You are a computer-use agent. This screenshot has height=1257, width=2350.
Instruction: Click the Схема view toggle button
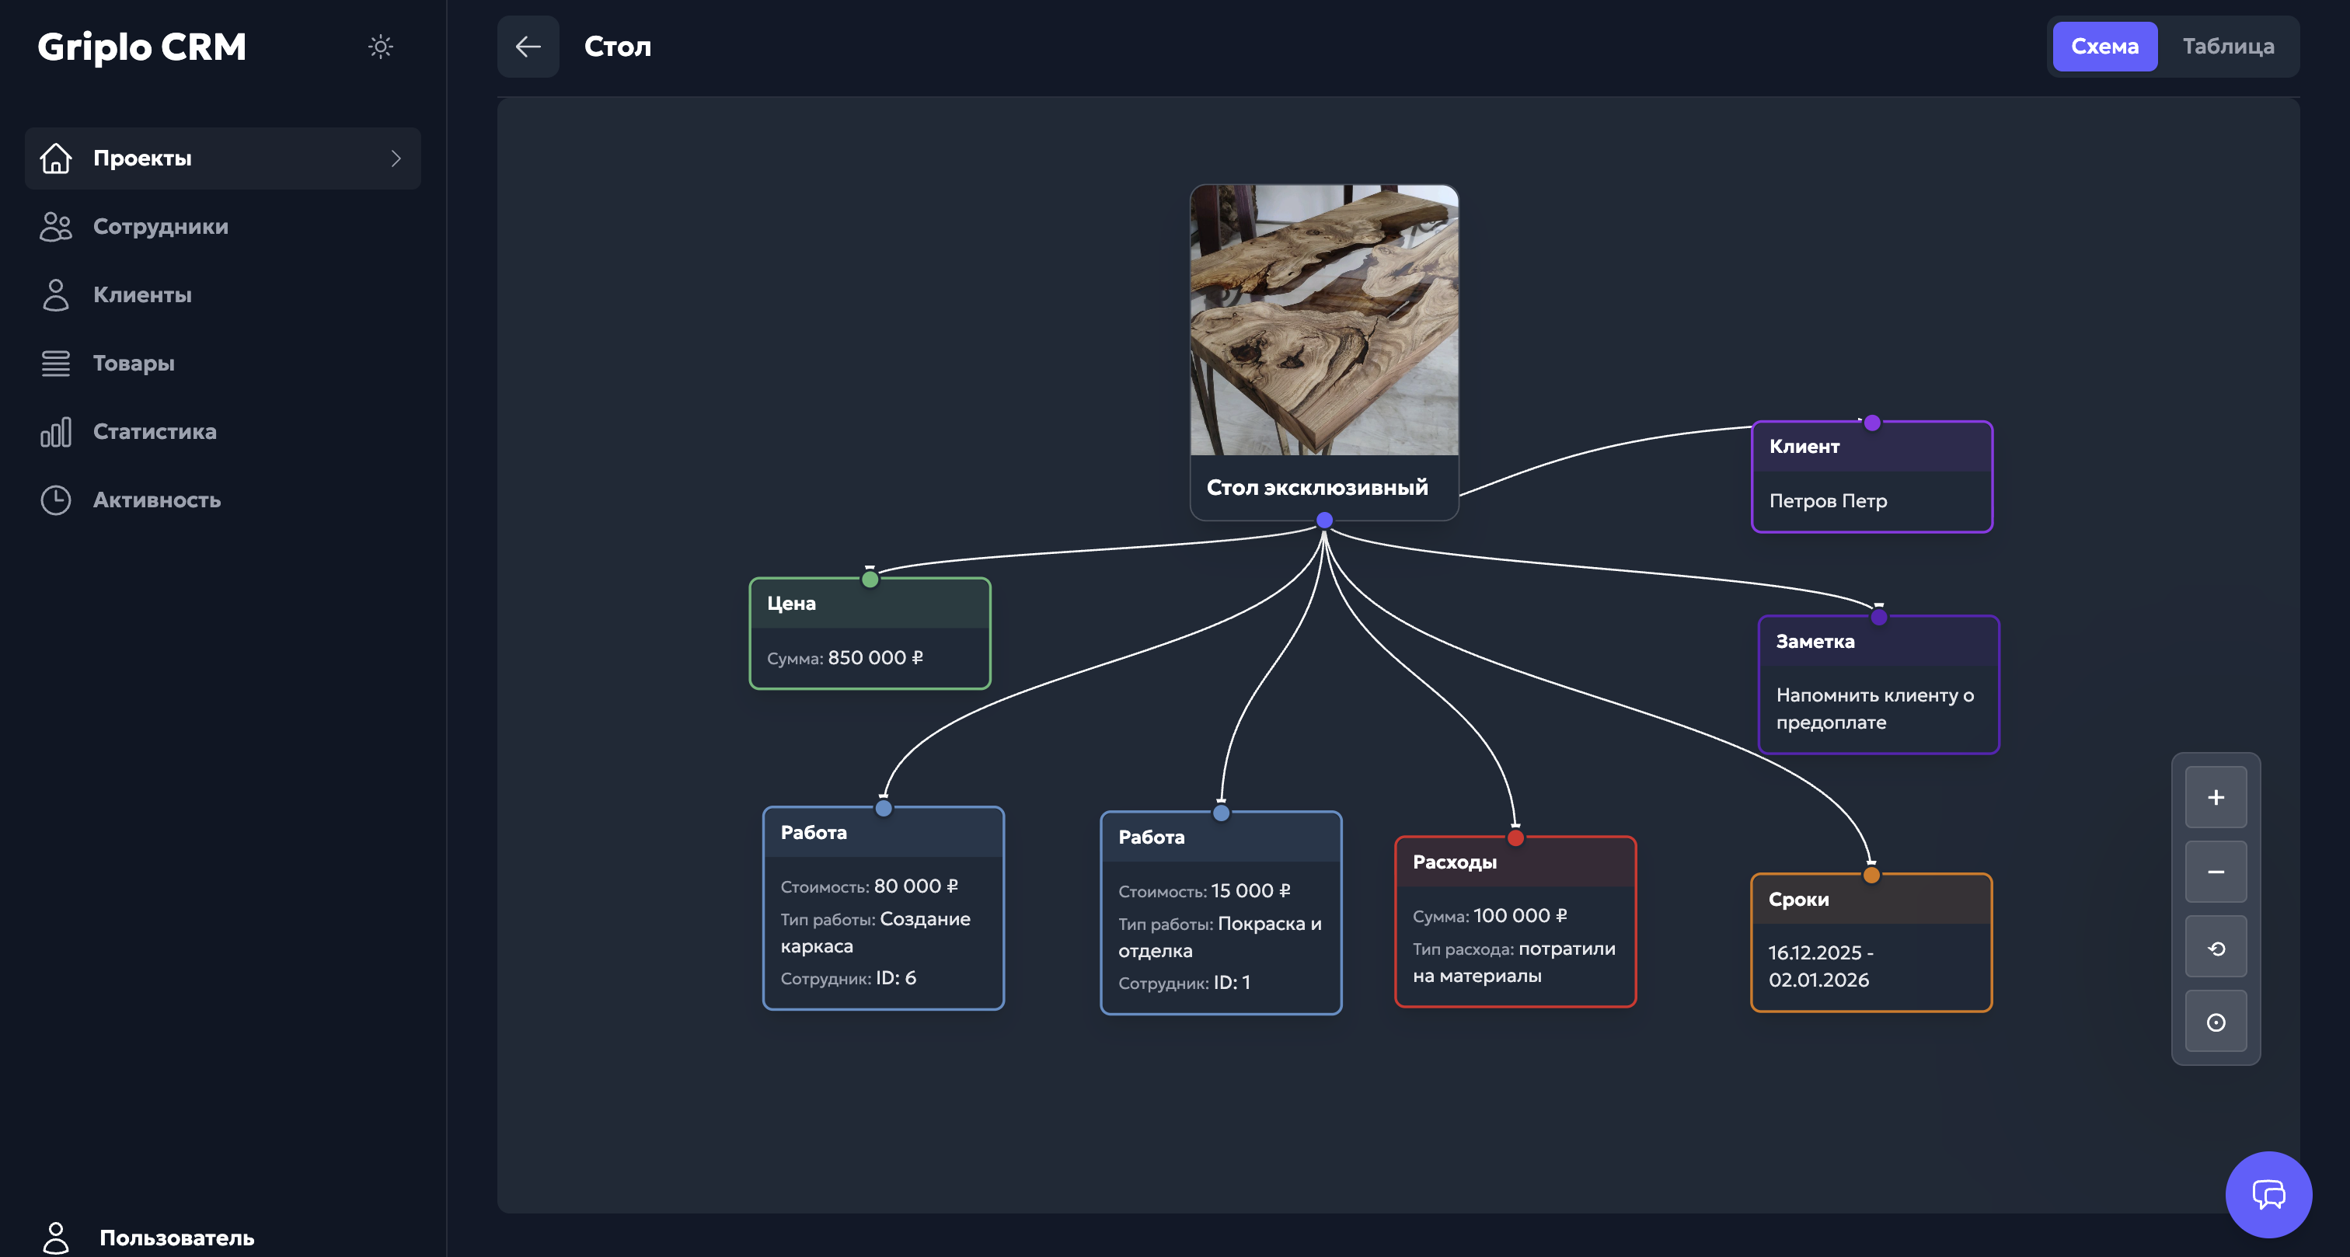click(2104, 47)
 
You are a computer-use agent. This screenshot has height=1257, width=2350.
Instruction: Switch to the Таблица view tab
click(2228, 47)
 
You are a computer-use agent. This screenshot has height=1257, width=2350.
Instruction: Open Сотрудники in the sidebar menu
click(161, 226)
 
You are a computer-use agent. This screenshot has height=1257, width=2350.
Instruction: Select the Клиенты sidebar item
click(142, 294)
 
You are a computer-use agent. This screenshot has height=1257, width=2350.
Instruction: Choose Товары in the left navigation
click(133, 363)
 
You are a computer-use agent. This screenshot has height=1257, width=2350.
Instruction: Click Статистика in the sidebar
click(154, 431)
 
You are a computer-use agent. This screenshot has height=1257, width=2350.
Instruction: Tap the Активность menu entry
click(156, 500)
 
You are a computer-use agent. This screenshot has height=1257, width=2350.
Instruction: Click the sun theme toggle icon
click(381, 47)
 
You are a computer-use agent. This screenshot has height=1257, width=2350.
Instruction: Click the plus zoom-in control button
click(2215, 797)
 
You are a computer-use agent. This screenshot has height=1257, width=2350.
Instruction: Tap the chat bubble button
click(2268, 1194)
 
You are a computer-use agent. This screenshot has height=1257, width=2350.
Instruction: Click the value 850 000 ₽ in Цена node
click(875, 658)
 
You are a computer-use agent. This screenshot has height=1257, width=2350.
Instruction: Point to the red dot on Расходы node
click(1515, 837)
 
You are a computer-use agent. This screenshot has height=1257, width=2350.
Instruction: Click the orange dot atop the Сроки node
click(1871, 875)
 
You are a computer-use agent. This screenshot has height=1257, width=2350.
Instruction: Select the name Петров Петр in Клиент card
click(1827, 501)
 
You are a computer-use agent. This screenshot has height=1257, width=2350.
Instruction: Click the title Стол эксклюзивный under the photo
click(1316, 488)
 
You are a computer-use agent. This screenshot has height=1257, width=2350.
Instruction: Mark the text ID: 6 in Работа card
click(895, 978)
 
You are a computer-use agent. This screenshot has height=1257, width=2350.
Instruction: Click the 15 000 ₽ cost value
click(1250, 891)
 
